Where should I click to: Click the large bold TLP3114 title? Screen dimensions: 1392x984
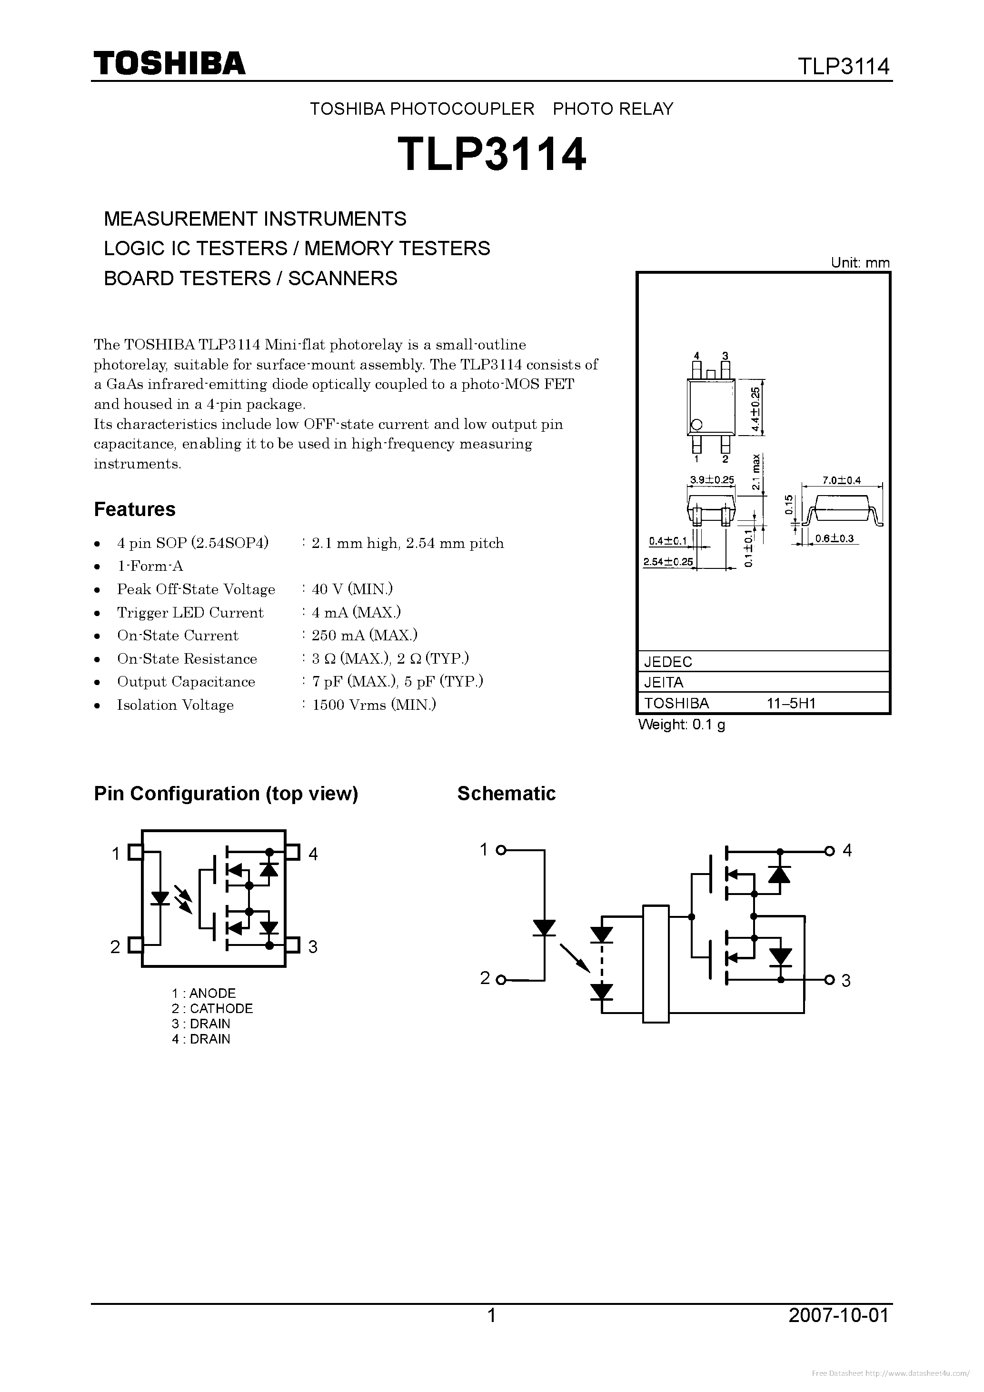point(492,154)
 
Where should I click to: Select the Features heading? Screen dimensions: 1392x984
point(135,509)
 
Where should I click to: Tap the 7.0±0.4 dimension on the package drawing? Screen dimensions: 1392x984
point(842,480)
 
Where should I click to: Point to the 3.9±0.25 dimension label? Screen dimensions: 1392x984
point(712,479)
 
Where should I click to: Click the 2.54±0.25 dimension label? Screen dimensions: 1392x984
point(667,561)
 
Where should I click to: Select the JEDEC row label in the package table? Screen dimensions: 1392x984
point(668,661)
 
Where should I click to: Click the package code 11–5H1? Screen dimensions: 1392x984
point(791,703)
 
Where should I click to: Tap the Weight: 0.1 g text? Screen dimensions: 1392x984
point(681,725)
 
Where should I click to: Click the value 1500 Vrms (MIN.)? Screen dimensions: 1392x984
point(374,705)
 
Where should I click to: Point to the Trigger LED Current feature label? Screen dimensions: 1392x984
point(190,612)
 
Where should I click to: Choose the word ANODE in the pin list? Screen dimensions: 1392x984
point(212,993)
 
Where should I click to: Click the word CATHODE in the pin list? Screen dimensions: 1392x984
point(221,1008)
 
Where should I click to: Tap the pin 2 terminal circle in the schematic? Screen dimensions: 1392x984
point(501,979)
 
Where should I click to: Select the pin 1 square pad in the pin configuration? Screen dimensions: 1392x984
point(135,853)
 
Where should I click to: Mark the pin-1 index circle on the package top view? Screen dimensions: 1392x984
point(696,424)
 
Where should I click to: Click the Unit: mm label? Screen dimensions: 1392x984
point(860,262)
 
